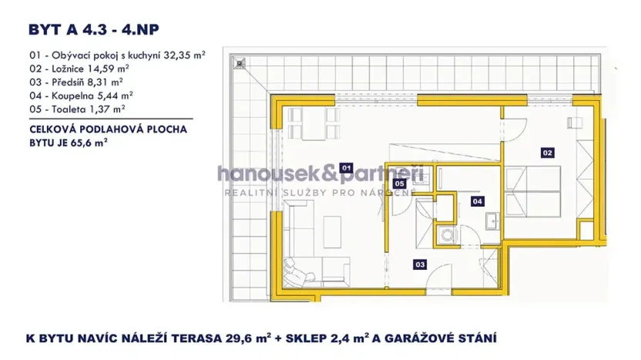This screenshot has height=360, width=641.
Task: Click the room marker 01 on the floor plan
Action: [x=346, y=167]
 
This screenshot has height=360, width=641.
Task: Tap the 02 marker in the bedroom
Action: [x=548, y=153]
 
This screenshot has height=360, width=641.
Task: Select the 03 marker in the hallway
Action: [x=420, y=264]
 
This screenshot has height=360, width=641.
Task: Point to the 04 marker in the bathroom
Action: [x=478, y=201]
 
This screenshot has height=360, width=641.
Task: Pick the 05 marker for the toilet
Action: [x=400, y=184]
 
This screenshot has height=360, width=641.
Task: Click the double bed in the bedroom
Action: [x=543, y=193]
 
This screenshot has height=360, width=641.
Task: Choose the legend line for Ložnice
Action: [x=80, y=69]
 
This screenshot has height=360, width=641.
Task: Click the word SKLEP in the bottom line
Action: [x=331, y=338]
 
